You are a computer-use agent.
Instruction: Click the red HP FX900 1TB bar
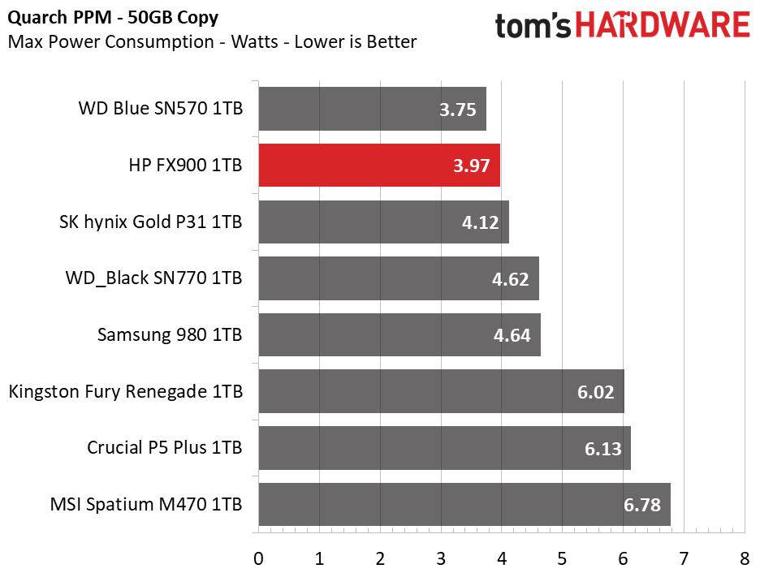[x=379, y=166]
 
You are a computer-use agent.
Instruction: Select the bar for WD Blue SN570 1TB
[x=372, y=109]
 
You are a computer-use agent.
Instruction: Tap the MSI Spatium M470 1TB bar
[x=464, y=504]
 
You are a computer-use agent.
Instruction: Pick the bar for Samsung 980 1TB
[x=399, y=334]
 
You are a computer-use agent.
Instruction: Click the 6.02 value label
[x=595, y=392]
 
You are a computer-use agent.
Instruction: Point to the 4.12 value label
[x=480, y=222]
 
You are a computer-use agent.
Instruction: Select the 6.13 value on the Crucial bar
[x=602, y=449]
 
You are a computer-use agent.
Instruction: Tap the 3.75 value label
[x=458, y=110]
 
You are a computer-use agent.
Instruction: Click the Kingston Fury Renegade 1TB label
[x=126, y=392]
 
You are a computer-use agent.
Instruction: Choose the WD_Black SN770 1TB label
[x=153, y=278]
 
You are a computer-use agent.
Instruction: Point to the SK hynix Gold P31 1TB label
[x=151, y=222]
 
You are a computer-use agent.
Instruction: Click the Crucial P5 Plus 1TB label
[x=164, y=447]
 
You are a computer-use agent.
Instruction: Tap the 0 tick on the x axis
[x=258, y=559]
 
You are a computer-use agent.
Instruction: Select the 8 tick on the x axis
[x=745, y=559]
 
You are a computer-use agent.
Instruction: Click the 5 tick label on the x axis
[x=562, y=559]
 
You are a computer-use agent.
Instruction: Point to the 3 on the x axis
[x=441, y=559]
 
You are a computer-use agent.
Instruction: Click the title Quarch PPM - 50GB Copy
[x=113, y=18]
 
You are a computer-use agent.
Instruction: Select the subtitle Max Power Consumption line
[x=212, y=41]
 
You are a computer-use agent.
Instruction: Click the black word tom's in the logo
[x=533, y=26]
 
